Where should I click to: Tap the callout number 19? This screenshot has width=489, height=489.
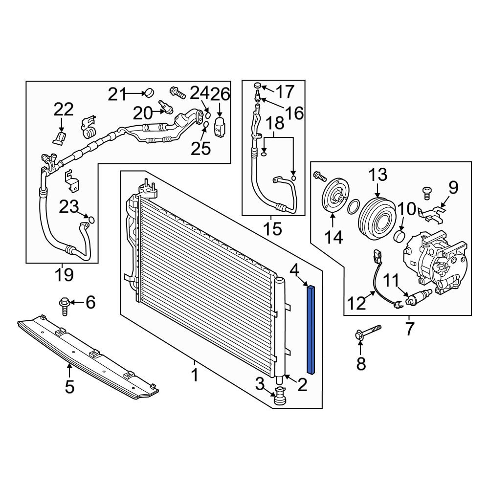[x=64, y=275]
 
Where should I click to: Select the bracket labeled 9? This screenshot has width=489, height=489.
[x=434, y=211]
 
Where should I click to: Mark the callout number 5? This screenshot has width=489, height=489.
[x=69, y=386]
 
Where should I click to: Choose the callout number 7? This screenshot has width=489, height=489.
[x=409, y=329]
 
